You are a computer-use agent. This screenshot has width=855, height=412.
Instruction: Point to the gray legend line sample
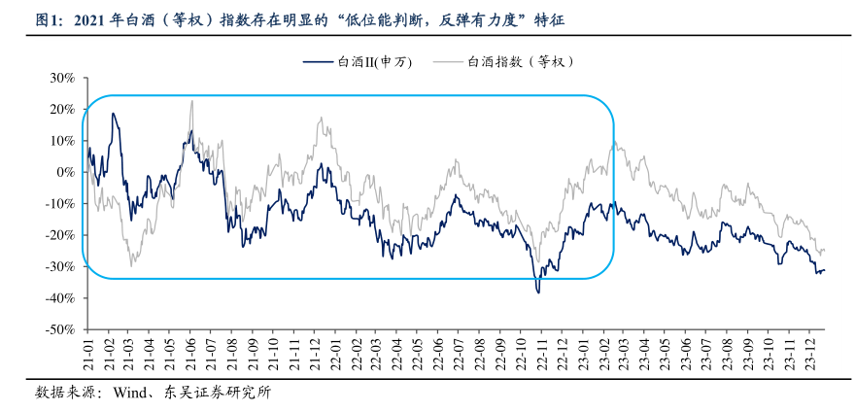coord(448,61)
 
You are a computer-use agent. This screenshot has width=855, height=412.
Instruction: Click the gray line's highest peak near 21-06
coord(191,100)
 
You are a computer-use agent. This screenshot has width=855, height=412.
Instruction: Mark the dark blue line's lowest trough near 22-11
coord(538,292)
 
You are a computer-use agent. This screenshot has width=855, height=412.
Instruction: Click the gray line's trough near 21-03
coord(131,265)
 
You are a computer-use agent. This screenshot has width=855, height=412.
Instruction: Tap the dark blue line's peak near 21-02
coord(114,114)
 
